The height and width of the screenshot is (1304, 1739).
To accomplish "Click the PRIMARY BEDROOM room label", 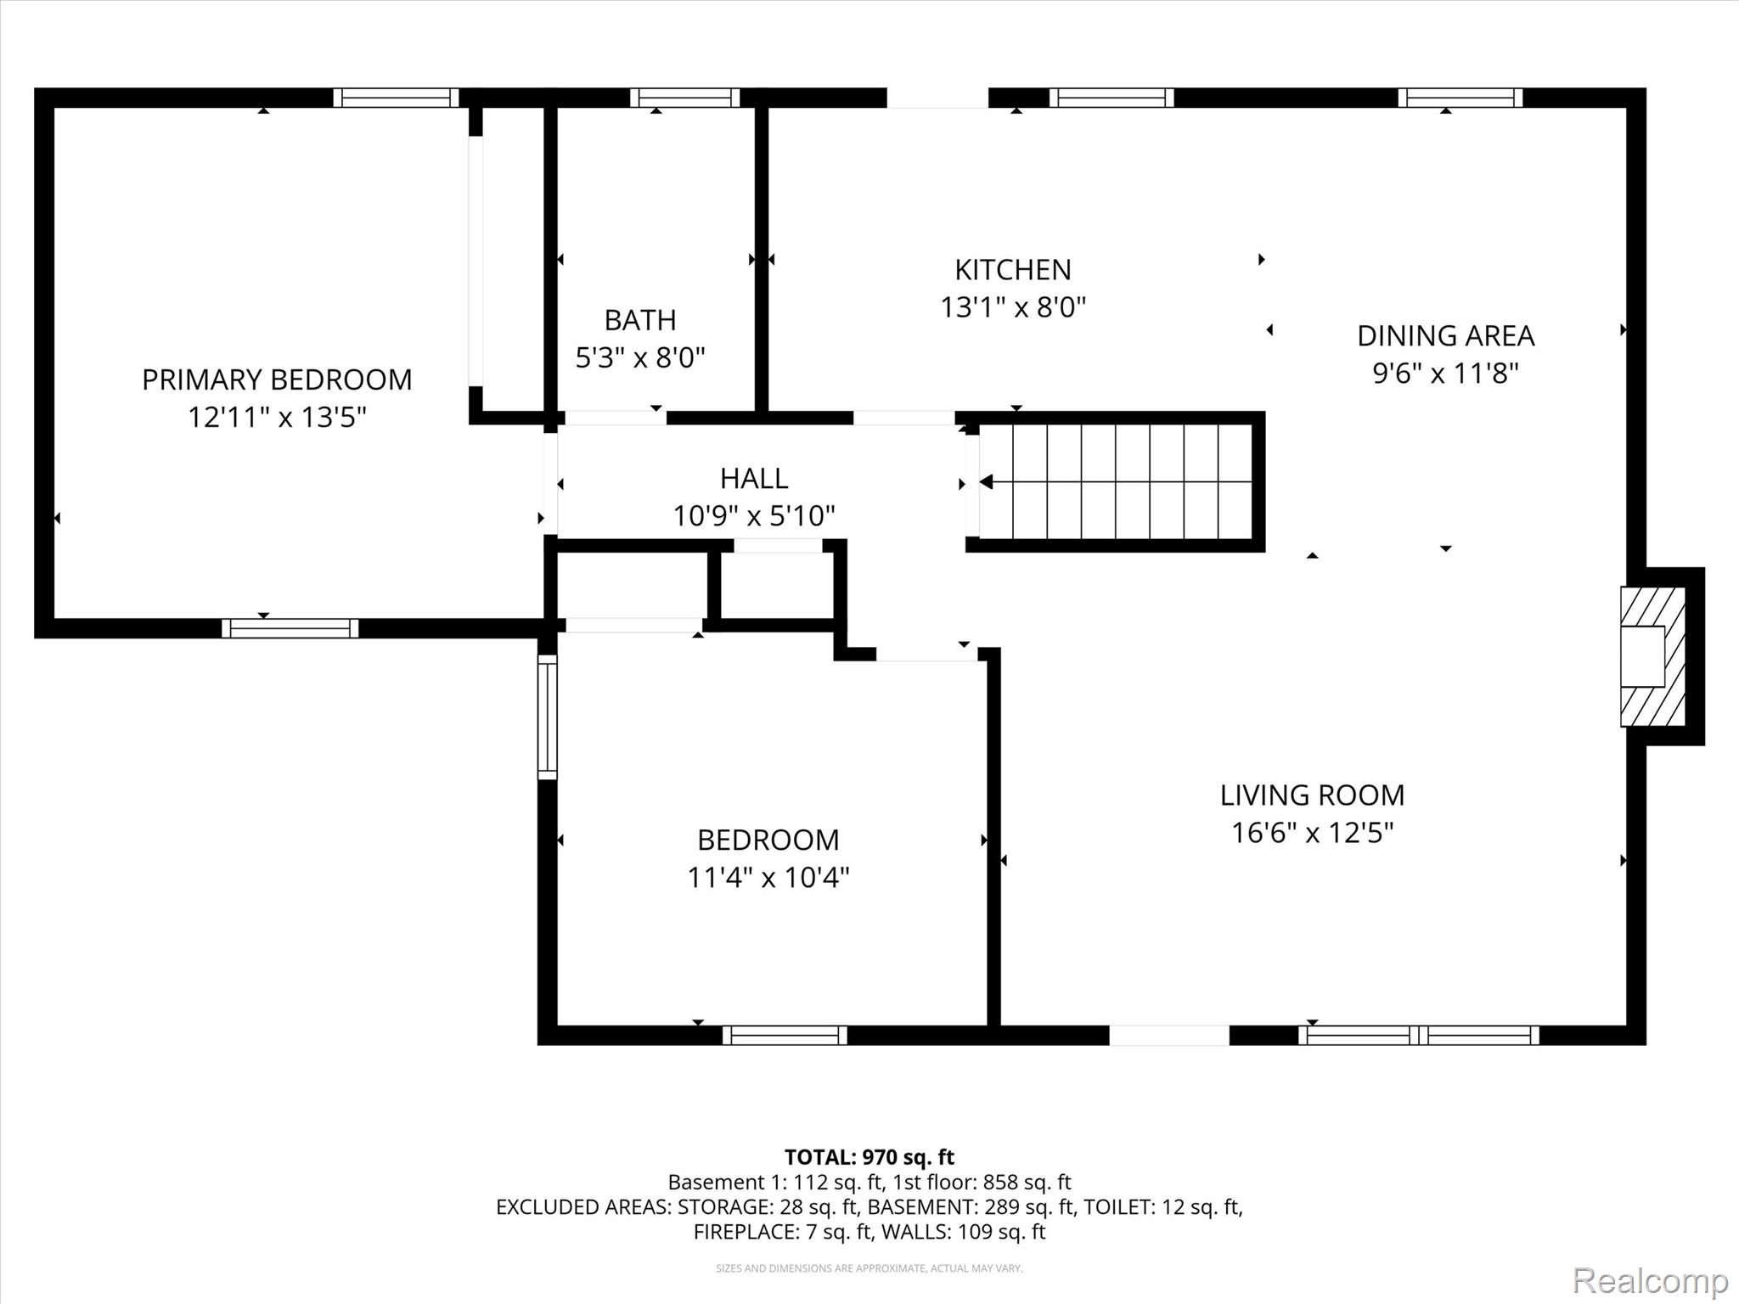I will (x=277, y=379).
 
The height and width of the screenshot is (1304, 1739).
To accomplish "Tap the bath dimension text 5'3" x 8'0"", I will (x=640, y=358).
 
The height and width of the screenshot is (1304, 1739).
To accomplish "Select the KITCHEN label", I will (x=1012, y=270).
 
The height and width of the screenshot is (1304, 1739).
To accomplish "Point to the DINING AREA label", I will (x=1445, y=336).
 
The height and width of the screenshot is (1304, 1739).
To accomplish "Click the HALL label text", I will (x=754, y=479).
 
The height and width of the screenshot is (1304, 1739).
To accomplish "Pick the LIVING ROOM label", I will (x=1312, y=795).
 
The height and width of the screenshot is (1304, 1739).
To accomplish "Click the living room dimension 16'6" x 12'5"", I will (x=1312, y=833).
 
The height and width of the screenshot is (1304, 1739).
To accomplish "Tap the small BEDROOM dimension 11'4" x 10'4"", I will (x=768, y=877).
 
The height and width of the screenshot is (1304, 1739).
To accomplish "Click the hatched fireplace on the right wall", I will (x=1652, y=656).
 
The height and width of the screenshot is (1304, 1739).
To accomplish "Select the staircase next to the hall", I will (x=1117, y=482).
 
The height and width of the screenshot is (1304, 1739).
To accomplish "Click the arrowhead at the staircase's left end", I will (x=986, y=482).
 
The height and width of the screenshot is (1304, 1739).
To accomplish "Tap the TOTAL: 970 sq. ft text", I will (x=869, y=1157).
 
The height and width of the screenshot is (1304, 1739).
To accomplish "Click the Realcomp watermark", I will (x=1650, y=1280).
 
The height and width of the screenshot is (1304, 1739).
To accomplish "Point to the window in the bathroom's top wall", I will (x=684, y=98).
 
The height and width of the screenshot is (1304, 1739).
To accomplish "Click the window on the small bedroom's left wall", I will (x=548, y=717).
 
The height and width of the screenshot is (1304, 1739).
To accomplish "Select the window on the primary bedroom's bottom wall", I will (x=290, y=628).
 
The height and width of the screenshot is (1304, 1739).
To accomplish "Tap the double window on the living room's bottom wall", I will (x=1418, y=1035).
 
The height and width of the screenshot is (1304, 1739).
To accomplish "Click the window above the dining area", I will (x=1460, y=98).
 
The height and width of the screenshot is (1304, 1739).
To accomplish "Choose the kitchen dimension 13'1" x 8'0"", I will (x=1012, y=307).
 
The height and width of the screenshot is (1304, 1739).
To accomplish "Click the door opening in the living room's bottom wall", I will (x=1168, y=1035).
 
